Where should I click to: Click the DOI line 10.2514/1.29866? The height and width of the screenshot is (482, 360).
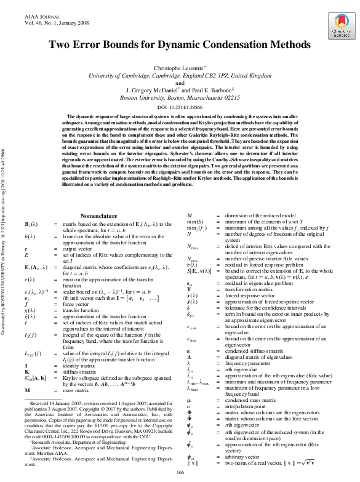[x=180, y=106]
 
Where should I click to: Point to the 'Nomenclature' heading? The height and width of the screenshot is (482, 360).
[x=98, y=199]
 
